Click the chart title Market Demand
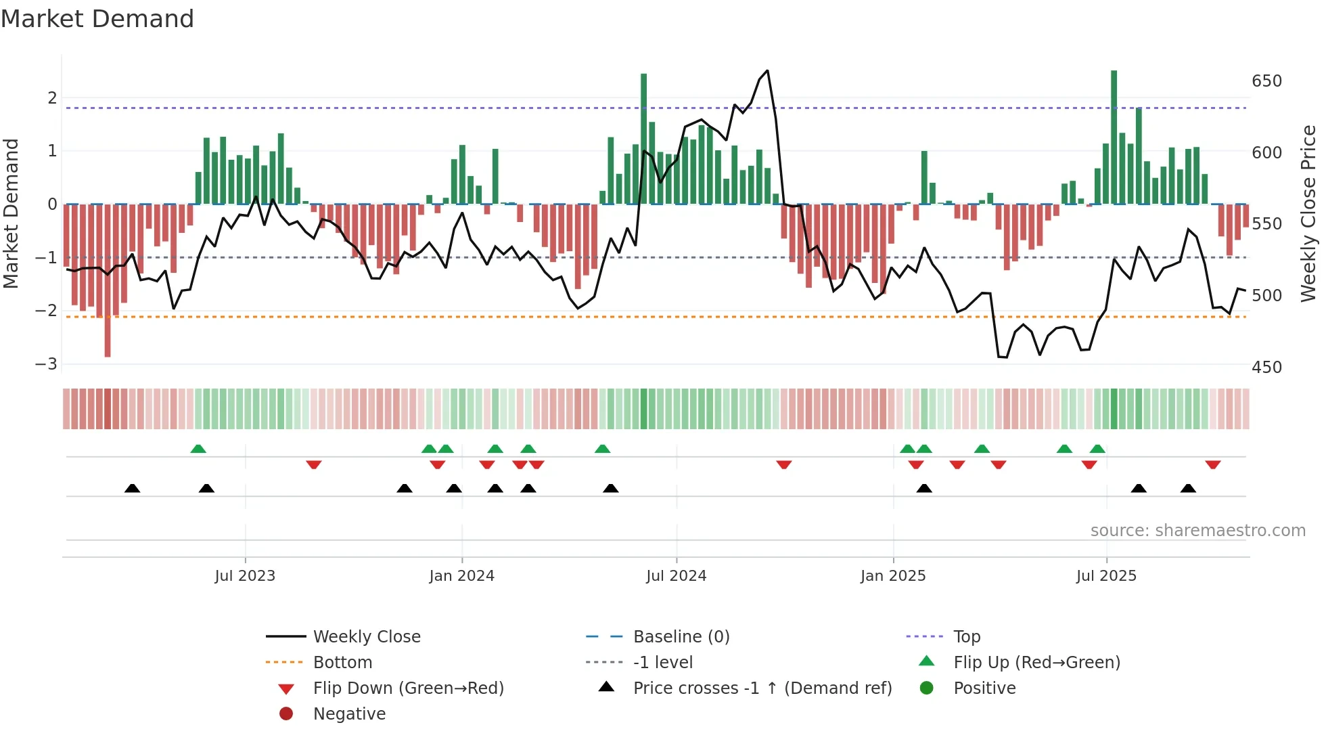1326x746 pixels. pyautogui.click(x=97, y=19)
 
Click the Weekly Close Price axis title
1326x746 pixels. pyautogui.click(x=1308, y=213)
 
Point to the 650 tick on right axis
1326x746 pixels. pyautogui.click(x=1266, y=81)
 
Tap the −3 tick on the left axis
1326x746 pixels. pyautogui.click(x=46, y=364)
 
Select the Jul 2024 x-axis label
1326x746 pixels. pyautogui.click(x=676, y=576)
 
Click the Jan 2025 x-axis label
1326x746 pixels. pyautogui.click(x=892, y=576)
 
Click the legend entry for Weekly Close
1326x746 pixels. pyautogui.click(x=366, y=637)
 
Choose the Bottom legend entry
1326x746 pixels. pyautogui.click(x=342, y=663)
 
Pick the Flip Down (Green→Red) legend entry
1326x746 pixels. pyautogui.click(x=408, y=688)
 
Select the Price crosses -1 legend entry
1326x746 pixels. pyautogui.click(x=762, y=688)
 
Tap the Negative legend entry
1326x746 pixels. pyautogui.click(x=349, y=714)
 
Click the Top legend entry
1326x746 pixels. pyautogui.click(x=966, y=637)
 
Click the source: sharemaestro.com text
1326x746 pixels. pyautogui.click(x=1197, y=531)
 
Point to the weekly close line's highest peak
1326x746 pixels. pyautogui.click(x=767, y=71)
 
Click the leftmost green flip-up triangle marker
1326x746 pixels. pyautogui.click(x=198, y=449)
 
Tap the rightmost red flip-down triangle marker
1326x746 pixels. pyautogui.click(x=1212, y=465)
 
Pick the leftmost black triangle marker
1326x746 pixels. pyautogui.click(x=133, y=488)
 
